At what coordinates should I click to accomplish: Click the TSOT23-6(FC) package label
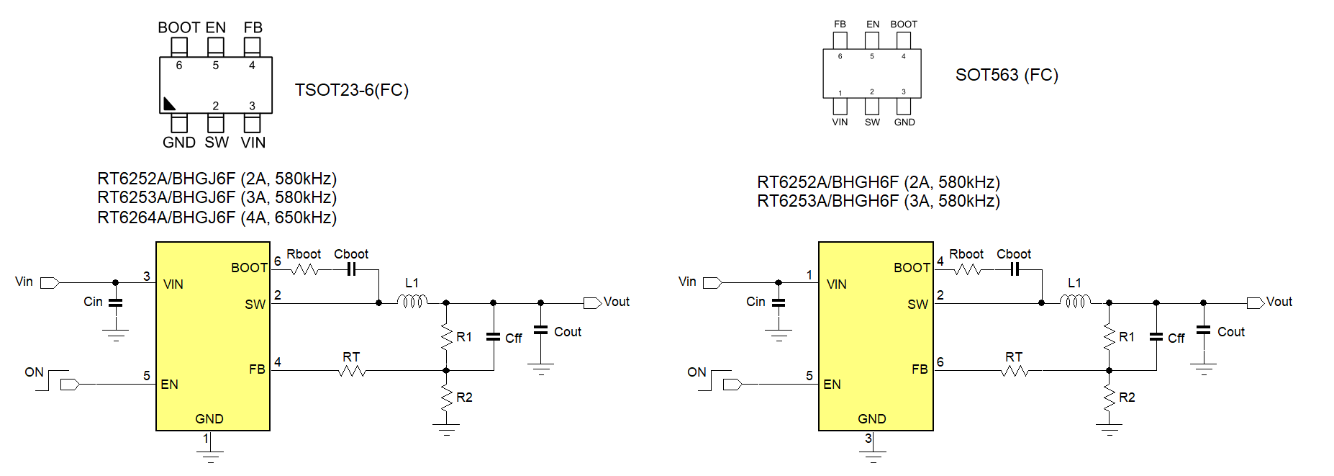pyautogui.click(x=351, y=90)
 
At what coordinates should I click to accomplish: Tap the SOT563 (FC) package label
pyautogui.click(x=1006, y=75)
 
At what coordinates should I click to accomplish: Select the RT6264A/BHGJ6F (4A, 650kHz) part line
pyautogui.click(x=217, y=217)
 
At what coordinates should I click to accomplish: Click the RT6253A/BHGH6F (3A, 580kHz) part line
pyautogui.click(x=878, y=201)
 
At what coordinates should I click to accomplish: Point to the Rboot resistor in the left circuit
pyautogui.click(x=304, y=269)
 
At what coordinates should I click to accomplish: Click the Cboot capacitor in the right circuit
pyautogui.click(x=1015, y=269)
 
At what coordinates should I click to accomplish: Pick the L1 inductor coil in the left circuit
pyautogui.click(x=413, y=301)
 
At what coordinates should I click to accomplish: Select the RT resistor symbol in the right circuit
pyautogui.click(x=1015, y=371)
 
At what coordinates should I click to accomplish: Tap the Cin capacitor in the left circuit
pyautogui.click(x=115, y=302)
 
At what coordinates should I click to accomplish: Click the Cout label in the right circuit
pyautogui.click(x=1230, y=332)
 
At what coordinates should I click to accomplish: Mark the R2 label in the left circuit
pyautogui.click(x=464, y=398)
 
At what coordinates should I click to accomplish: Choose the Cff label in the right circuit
pyautogui.click(x=1176, y=338)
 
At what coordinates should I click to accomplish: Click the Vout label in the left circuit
pyautogui.click(x=617, y=302)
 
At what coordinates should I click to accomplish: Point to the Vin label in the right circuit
pyautogui.click(x=687, y=282)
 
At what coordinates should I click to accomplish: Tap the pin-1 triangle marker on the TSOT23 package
pyautogui.click(x=169, y=104)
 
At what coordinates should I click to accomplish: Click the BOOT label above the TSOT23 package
pyautogui.click(x=178, y=27)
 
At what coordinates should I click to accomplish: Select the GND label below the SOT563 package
pyautogui.click(x=904, y=122)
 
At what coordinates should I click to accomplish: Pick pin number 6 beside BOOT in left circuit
pyautogui.click(x=278, y=261)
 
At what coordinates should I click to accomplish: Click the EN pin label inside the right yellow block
pyautogui.click(x=832, y=385)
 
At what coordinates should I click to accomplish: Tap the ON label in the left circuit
pyautogui.click(x=34, y=372)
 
